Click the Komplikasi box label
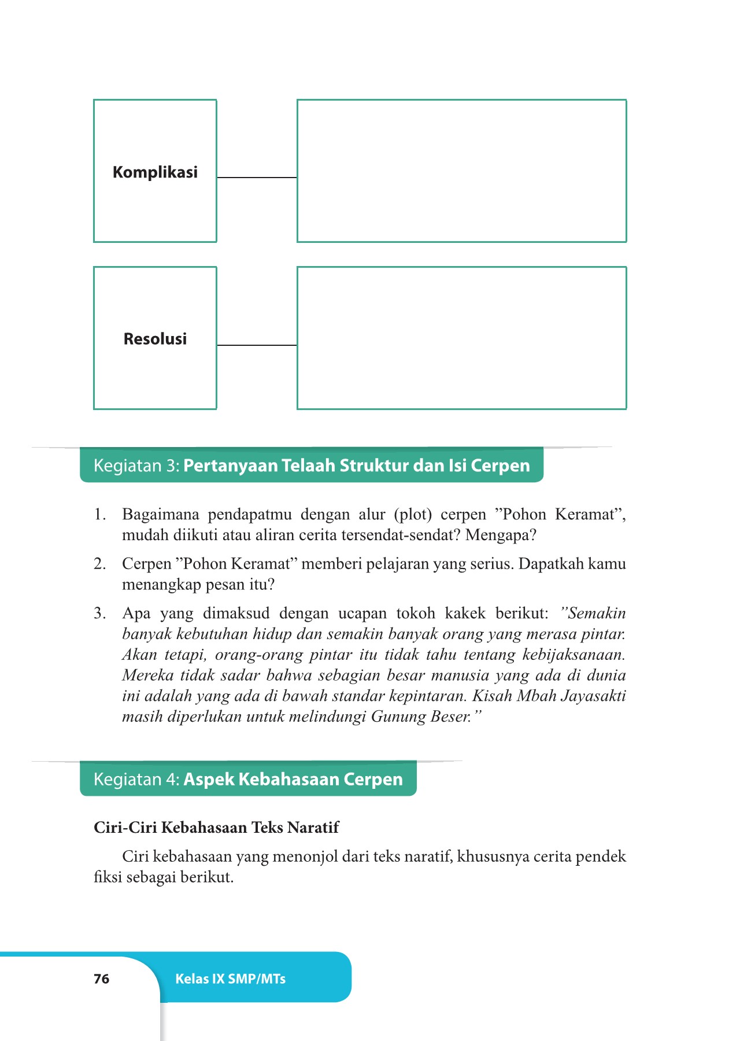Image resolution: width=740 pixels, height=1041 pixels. coord(155,172)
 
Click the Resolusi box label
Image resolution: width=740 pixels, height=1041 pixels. coord(155,339)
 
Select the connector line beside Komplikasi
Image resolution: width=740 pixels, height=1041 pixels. coord(257,178)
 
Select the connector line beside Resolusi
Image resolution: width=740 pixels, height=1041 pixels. coord(257,345)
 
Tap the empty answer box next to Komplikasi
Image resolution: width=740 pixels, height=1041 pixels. coord(461,171)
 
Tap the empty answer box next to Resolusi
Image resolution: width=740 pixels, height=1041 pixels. coord(461,338)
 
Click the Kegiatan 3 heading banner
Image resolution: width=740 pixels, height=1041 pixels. coord(311,466)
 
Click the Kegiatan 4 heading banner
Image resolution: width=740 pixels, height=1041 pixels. coord(248,779)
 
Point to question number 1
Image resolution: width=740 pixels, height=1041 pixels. coord(100,514)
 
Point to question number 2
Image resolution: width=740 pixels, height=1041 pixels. coord(100,564)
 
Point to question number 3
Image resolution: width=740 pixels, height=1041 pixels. coord(100,614)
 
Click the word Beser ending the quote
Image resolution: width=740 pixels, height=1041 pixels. coord(450,717)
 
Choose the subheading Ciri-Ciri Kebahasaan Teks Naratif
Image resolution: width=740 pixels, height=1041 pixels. coord(216,828)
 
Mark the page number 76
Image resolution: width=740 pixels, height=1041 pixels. coord(101,979)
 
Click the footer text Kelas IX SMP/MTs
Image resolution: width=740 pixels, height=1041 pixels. coord(230,979)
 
